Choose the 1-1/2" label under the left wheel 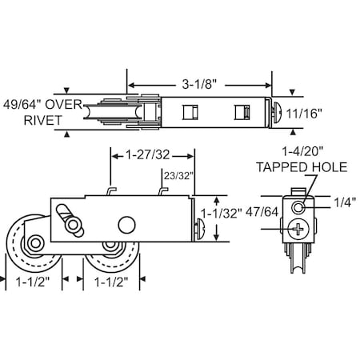point(33,282)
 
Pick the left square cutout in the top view point(190,110)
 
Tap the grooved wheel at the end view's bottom point(298,264)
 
